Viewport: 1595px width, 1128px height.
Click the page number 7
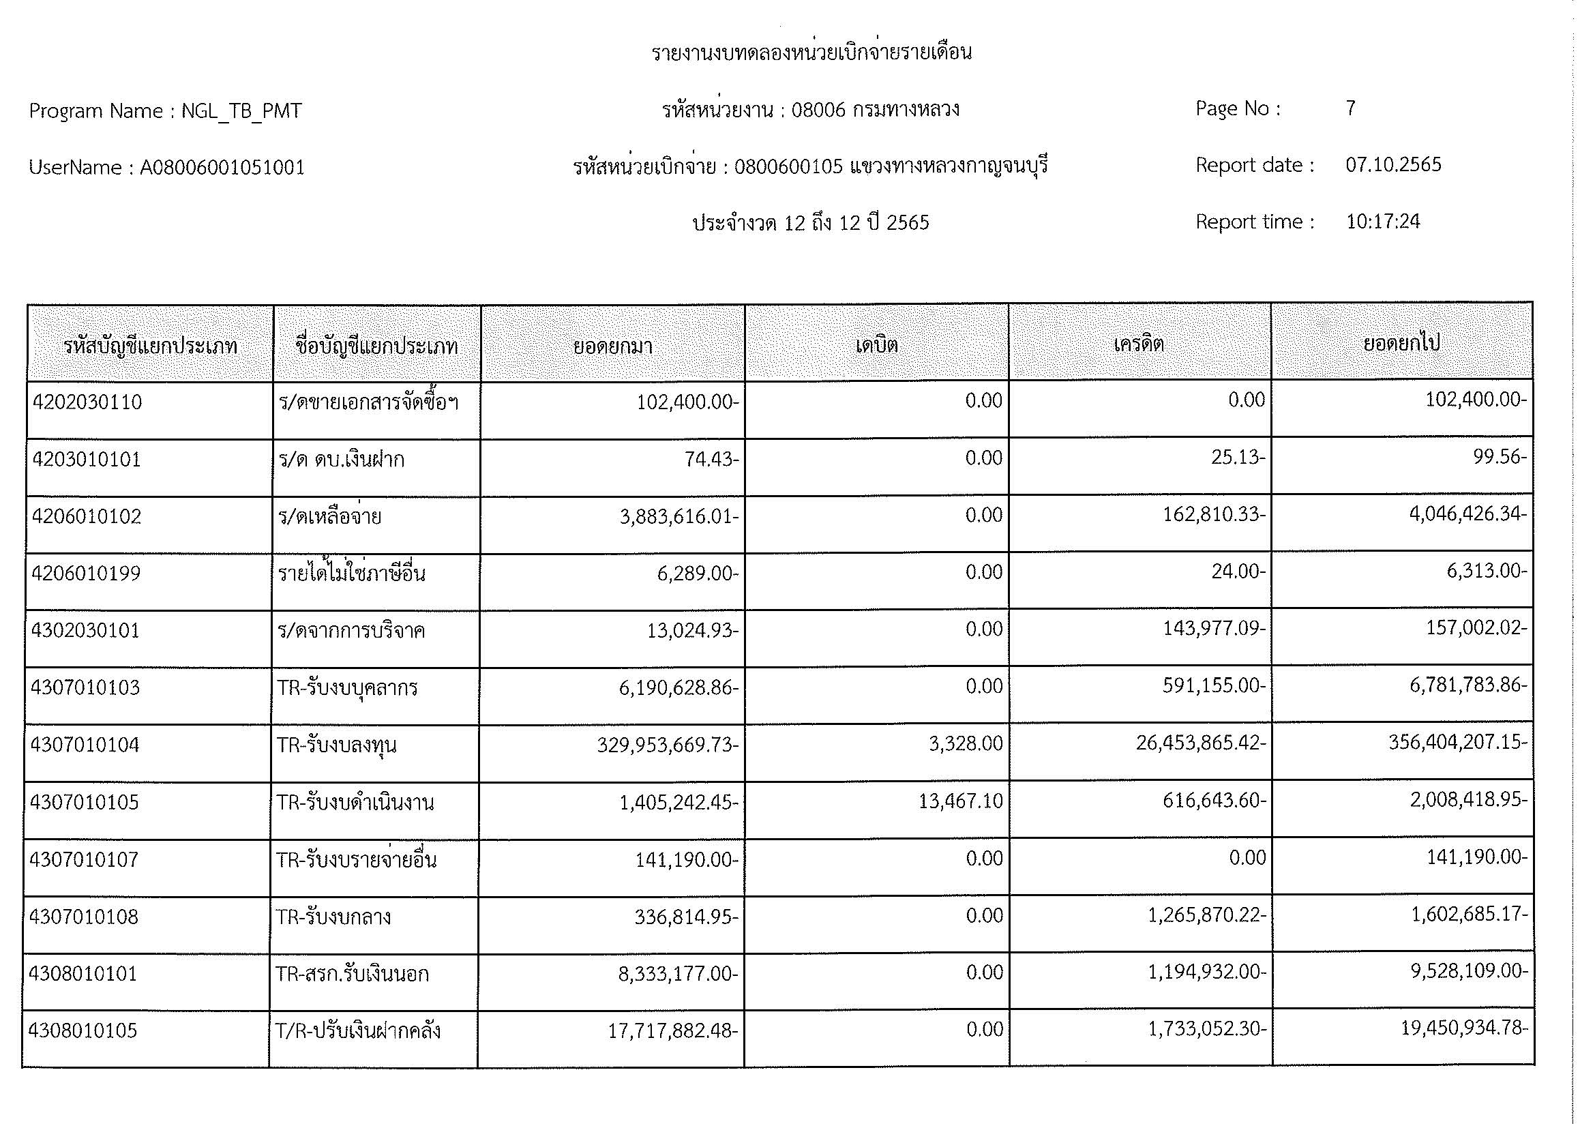tap(1350, 108)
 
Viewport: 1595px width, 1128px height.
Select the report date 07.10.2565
tap(1393, 165)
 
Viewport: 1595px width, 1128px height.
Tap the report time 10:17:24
tap(1382, 222)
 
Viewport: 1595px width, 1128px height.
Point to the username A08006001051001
tap(222, 167)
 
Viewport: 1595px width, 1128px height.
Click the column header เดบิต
tap(877, 344)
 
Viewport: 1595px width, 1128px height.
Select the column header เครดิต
tap(1139, 344)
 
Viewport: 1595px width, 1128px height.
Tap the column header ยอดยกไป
tap(1402, 343)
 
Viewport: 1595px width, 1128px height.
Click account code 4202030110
tap(87, 402)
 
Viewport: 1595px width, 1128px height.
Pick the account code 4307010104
tap(85, 745)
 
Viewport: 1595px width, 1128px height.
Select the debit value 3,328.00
tap(966, 744)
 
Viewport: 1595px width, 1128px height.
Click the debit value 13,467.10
tap(961, 801)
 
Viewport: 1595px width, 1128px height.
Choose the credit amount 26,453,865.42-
tap(1200, 743)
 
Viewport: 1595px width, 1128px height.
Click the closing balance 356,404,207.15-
tap(1457, 743)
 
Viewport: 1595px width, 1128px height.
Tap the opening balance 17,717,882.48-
tap(672, 1030)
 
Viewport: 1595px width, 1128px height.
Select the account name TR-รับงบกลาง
tap(334, 917)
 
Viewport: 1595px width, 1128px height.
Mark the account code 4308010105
tap(83, 1030)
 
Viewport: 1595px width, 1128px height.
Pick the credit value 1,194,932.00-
tap(1207, 972)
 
